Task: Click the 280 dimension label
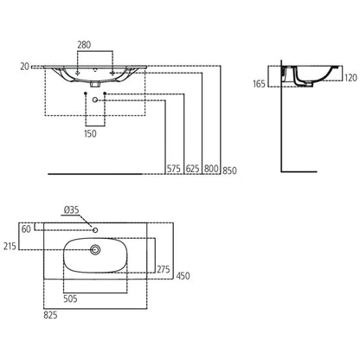point(84,45)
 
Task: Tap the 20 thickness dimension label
point(25,67)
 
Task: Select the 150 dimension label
point(90,133)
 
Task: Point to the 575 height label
point(174,168)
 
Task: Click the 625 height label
point(193,168)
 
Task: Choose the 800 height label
point(211,168)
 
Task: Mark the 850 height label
point(229,170)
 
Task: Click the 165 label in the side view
point(259,84)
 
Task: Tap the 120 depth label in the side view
point(350,78)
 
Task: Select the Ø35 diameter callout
point(71,210)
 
